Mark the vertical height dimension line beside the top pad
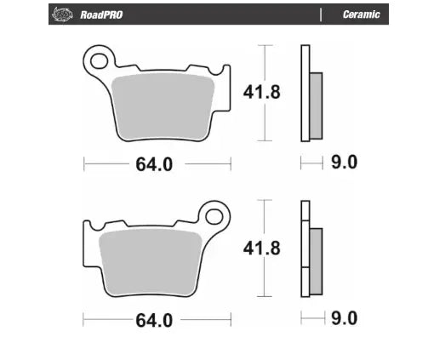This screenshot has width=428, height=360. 268,92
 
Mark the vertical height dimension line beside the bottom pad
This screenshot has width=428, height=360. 268,247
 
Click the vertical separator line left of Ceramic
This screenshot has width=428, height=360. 321,14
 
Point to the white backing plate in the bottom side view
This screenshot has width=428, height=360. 305,247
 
